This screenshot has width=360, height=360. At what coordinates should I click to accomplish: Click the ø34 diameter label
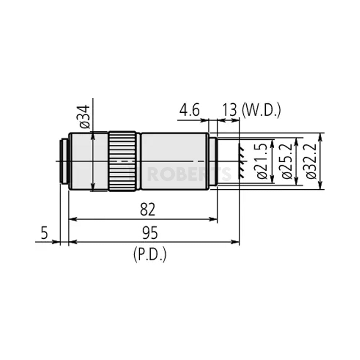(x=85, y=117)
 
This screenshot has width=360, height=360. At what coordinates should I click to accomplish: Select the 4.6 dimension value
(x=189, y=111)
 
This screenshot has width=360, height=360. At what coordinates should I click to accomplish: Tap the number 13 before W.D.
(x=230, y=111)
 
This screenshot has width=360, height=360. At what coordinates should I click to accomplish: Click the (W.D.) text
(x=261, y=111)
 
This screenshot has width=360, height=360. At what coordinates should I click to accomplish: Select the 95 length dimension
(x=149, y=233)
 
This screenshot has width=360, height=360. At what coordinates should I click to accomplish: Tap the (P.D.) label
(x=149, y=255)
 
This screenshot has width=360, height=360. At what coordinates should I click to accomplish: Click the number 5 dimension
(x=44, y=233)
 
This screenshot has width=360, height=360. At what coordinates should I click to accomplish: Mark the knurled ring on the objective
(x=123, y=161)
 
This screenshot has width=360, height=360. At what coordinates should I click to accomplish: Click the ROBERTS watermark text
(x=180, y=174)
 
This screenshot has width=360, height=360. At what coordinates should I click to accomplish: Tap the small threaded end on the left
(x=64, y=161)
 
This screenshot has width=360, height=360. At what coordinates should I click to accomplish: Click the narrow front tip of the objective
(x=213, y=161)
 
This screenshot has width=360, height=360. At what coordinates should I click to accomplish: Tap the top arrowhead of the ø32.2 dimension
(x=320, y=135)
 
